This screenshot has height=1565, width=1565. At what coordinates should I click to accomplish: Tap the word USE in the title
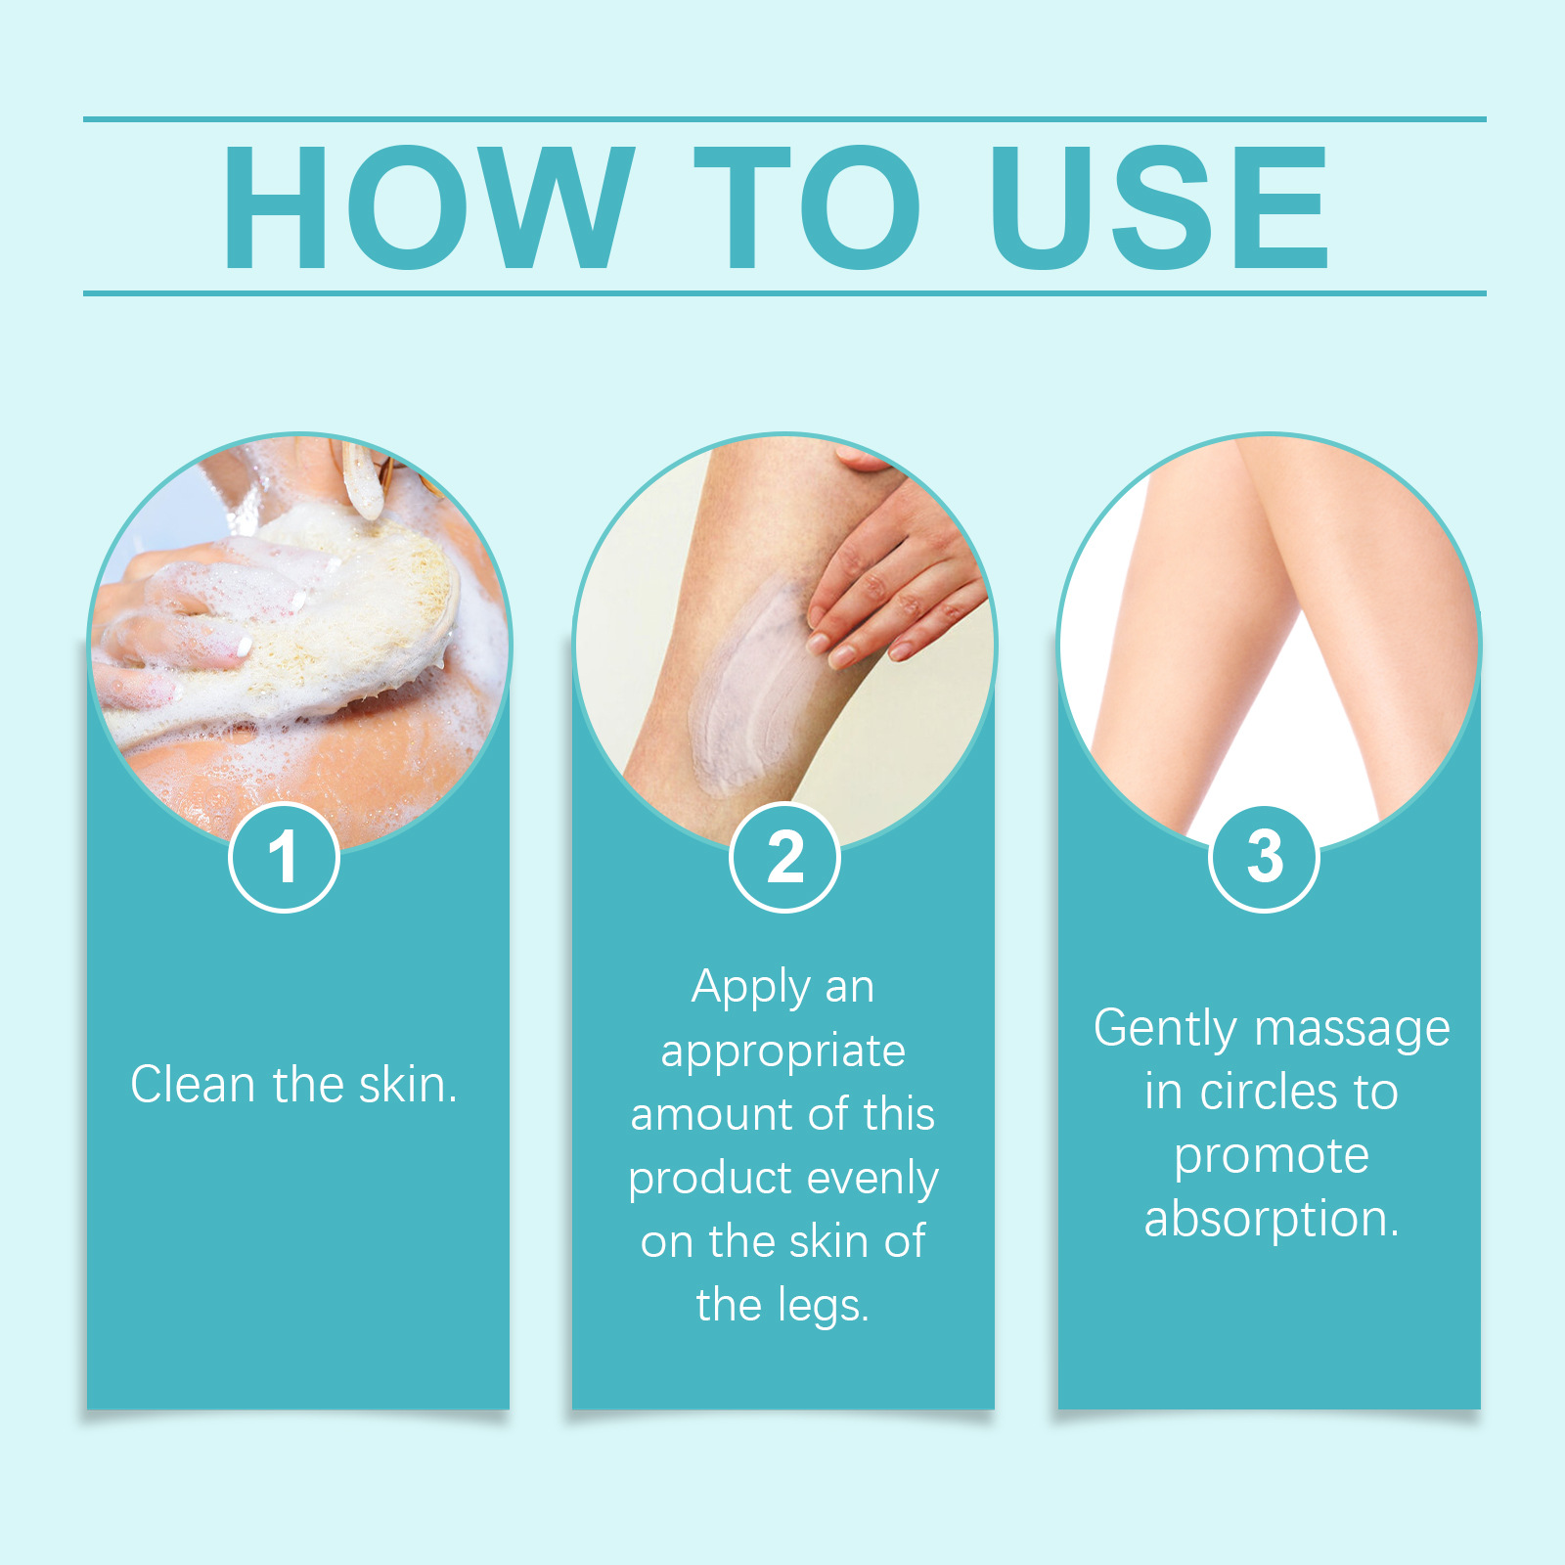coord(1160,206)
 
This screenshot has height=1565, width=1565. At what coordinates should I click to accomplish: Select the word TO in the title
coord(808,206)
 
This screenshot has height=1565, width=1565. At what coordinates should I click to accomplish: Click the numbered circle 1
coord(284,857)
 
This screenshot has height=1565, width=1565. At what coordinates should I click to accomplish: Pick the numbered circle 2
coord(784,857)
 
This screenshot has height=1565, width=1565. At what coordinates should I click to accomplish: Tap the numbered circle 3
coord(1264,857)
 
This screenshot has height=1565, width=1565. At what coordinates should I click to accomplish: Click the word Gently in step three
coord(1166,1030)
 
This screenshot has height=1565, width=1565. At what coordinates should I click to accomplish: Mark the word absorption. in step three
coord(1272,1221)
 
